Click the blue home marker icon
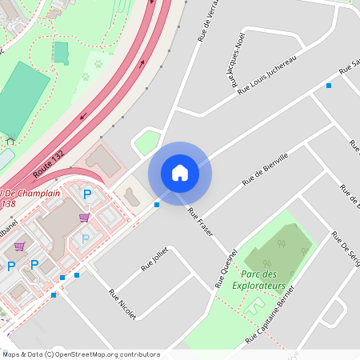[180, 172]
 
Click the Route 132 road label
[50, 162]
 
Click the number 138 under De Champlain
[9, 204]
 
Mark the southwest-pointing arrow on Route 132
[82, 117]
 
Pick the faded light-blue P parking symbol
[86, 238]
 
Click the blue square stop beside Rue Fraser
[157, 205]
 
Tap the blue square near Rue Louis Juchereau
[328, 85]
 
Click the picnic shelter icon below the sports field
[10, 141]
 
